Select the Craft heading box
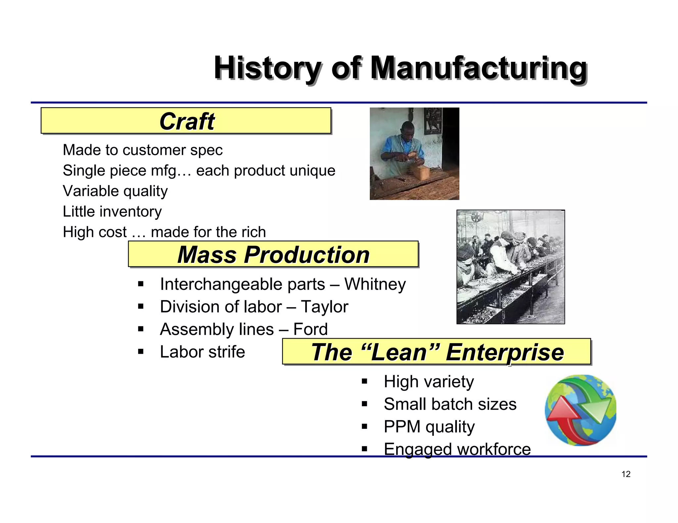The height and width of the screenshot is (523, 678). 186,121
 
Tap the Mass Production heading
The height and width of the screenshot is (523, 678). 273,255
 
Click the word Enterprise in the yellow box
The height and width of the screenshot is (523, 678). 505,352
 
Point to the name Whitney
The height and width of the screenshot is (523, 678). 375,284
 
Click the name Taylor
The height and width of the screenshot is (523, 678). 324,307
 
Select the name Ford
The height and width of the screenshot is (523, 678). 311,329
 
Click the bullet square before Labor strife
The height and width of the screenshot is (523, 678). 141,352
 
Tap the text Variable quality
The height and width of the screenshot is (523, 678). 115,191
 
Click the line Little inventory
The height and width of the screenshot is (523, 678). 112,212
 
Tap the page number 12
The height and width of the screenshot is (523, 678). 626,474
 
